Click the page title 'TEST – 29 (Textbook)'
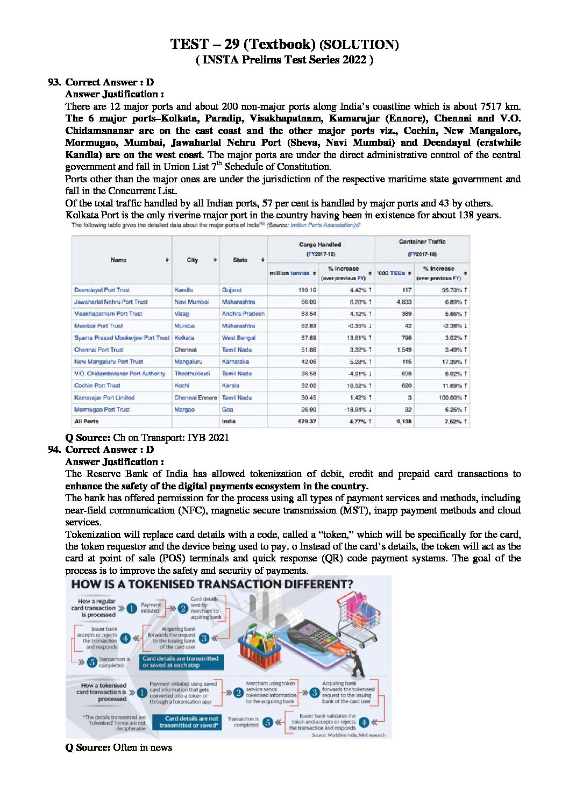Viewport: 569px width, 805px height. (x=243, y=44)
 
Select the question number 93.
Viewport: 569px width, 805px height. (x=54, y=82)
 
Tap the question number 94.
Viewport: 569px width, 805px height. (x=54, y=450)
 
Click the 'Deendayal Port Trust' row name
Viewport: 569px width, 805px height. (x=102, y=290)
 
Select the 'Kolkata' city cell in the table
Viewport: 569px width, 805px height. (x=184, y=338)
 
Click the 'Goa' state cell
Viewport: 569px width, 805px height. (x=227, y=410)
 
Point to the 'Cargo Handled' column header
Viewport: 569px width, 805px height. (x=320, y=245)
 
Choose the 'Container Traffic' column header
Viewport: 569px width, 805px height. (x=422, y=242)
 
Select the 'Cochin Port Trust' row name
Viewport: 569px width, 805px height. (x=97, y=386)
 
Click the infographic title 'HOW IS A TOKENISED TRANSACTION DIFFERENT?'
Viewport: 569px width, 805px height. (x=212, y=585)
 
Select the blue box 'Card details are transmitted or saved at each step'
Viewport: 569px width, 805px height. (x=181, y=661)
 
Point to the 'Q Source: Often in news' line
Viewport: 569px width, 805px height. (x=119, y=747)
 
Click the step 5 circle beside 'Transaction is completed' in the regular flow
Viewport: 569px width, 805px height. (x=92, y=662)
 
